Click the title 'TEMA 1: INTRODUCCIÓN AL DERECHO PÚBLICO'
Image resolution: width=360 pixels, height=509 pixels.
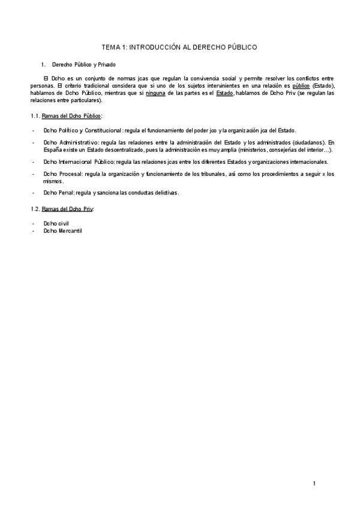(180, 46)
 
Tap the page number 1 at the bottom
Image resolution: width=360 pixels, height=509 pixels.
(314, 484)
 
